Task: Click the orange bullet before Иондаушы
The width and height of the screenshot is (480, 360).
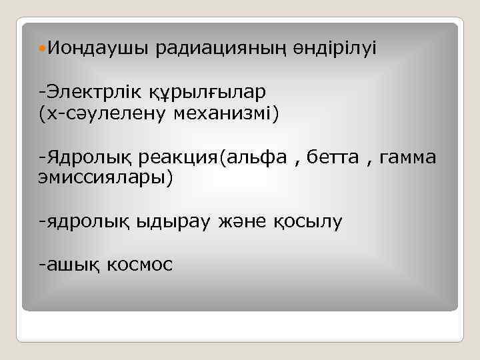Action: click(43, 48)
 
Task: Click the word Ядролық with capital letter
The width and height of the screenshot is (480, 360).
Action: click(91, 157)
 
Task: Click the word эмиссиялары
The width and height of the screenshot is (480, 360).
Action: click(103, 177)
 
